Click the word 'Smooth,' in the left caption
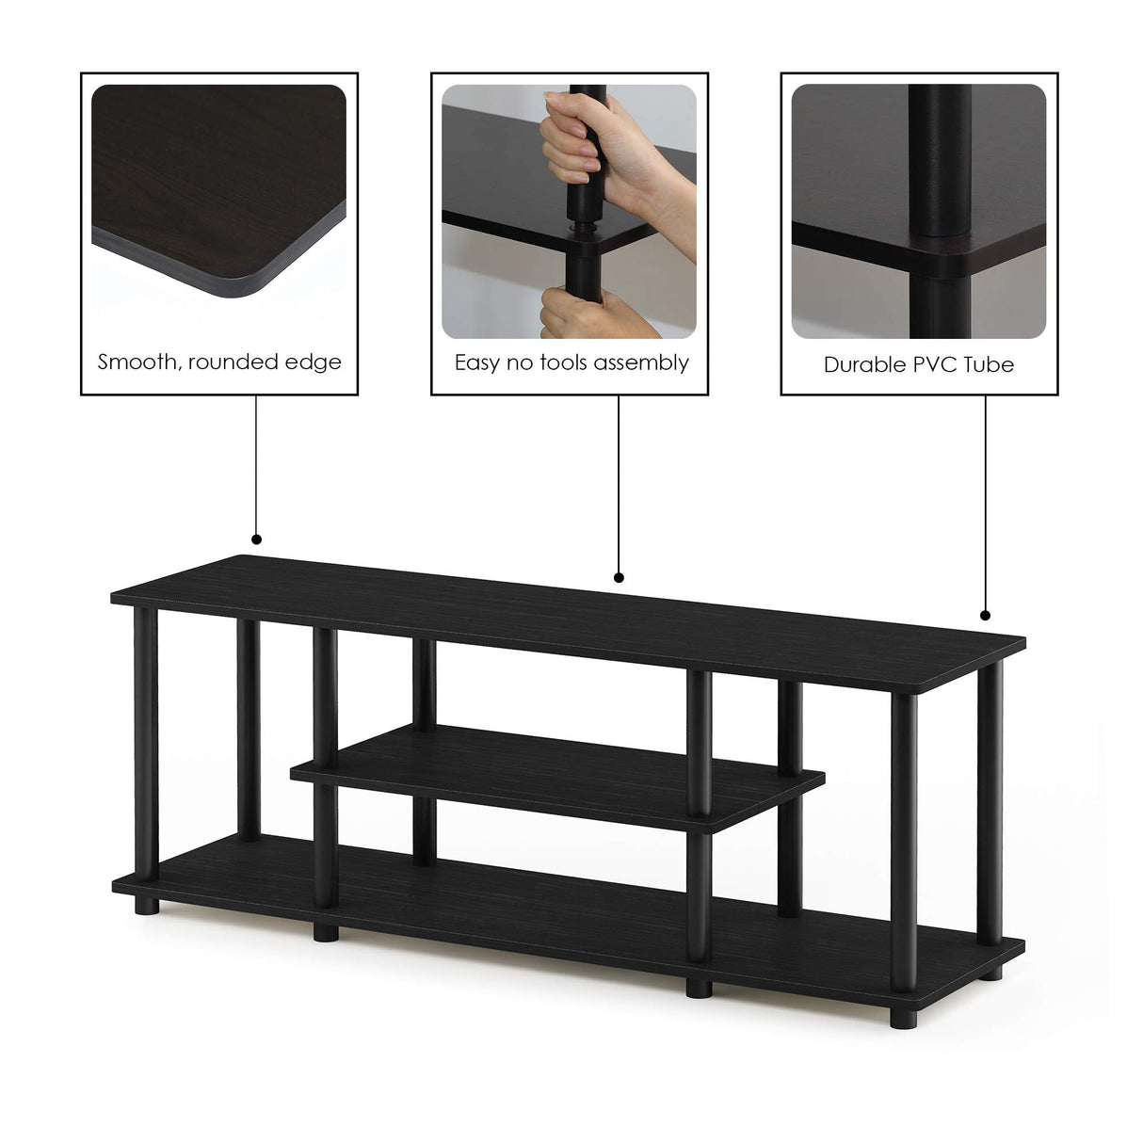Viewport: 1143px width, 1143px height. (x=139, y=362)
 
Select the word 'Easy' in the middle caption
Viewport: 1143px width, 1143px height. (x=478, y=363)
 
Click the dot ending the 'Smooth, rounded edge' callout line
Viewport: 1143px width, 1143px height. (x=256, y=539)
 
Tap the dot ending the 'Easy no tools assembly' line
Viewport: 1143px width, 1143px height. (x=619, y=577)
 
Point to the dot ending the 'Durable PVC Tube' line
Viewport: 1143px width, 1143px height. (x=985, y=616)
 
